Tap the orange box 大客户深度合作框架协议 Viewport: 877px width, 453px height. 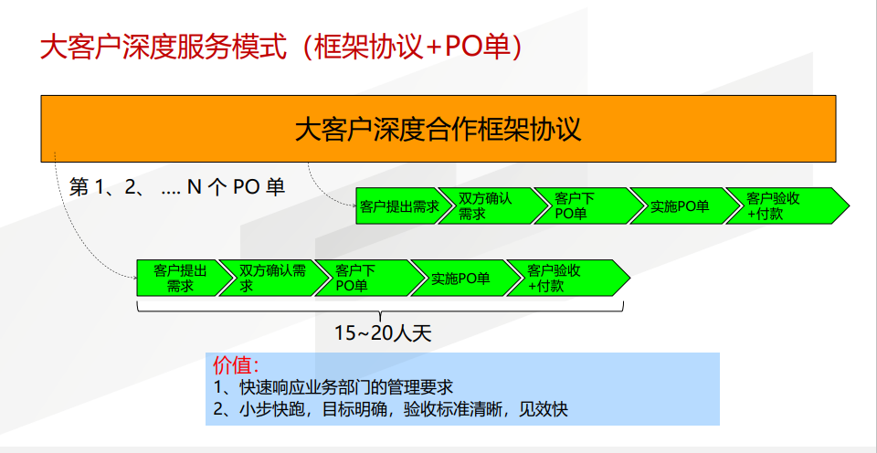[x=438, y=129]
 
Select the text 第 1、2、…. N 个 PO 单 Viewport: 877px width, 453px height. [x=177, y=187]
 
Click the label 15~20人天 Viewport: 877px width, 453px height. [x=383, y=333]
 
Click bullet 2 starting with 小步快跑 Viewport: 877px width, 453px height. [x=390, y=409]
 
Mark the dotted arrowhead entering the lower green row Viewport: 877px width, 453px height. [x=134, y=278]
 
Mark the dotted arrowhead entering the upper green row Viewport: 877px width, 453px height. [x=354, y=205]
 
